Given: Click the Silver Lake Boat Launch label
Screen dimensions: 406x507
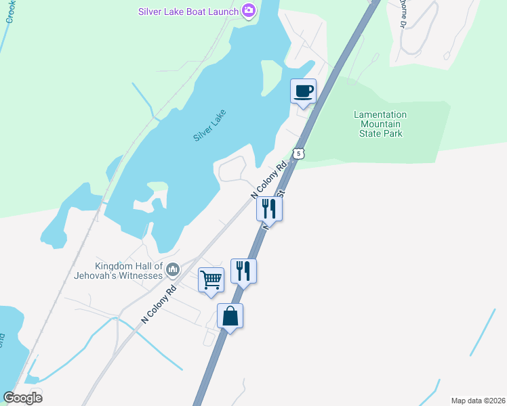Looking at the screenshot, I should tap(188, 12).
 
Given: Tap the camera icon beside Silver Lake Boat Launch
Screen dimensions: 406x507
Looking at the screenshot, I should tap(249, 11).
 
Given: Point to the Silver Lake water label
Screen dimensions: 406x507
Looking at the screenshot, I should tap(209, 125).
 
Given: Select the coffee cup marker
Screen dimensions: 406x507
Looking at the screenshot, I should tap(303, 91).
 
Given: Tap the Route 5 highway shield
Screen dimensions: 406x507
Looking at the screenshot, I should tap(299, 154).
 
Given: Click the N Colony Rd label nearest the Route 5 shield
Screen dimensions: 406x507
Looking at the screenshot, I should tap(270, 179).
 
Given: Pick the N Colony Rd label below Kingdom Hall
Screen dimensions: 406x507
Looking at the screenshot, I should tap(158, 302).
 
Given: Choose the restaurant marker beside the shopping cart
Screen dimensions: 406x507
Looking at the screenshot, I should tap(243, 271).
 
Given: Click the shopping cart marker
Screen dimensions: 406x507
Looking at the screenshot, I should tap(211, 279).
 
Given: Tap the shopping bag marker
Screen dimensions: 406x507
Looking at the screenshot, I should tap(230, 315).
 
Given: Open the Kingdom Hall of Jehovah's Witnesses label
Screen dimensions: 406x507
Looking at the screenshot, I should tap(129, 271).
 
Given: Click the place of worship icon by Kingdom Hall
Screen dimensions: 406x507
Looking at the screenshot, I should tap(173, 271).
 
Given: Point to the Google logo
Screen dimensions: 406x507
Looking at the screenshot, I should tap(22, 398).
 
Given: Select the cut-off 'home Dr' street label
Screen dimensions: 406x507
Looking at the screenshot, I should tap(401, 14).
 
